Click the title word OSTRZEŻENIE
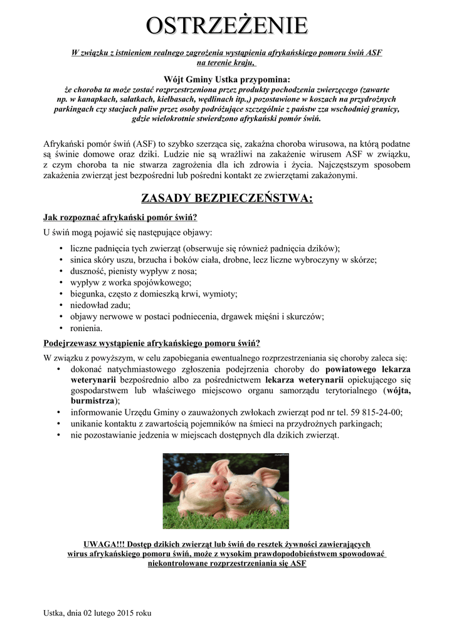226,26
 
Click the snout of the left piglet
218,484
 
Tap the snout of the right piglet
233,498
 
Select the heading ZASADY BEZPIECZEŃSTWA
226,199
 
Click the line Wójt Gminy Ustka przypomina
226,79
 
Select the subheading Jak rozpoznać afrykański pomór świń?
120,218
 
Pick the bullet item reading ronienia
86,328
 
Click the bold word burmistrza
92,401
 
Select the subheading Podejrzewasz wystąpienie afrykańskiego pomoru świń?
151,343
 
